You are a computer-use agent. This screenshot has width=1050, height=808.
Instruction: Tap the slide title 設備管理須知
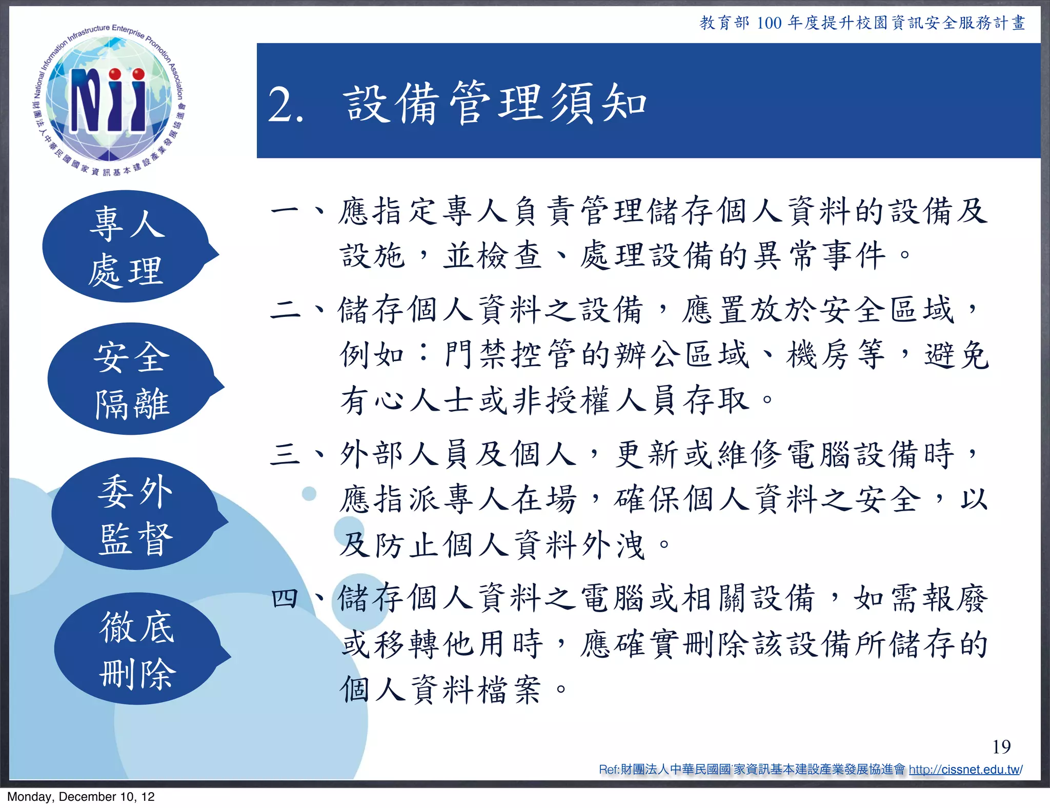495,104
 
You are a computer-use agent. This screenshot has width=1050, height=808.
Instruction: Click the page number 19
1001,746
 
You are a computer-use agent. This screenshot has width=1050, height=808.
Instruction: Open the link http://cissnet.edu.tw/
965,770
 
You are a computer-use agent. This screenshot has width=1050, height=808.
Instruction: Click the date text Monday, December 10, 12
80,797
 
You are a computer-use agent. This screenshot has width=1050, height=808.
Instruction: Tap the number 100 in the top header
769,23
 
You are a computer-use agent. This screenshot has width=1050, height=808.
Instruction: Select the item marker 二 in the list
285,309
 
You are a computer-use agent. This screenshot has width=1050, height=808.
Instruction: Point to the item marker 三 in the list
285,454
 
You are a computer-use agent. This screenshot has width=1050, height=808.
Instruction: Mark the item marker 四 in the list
285,598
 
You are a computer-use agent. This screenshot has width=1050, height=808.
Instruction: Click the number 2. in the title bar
286,105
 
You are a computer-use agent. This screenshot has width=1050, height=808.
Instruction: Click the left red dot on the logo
115,74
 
